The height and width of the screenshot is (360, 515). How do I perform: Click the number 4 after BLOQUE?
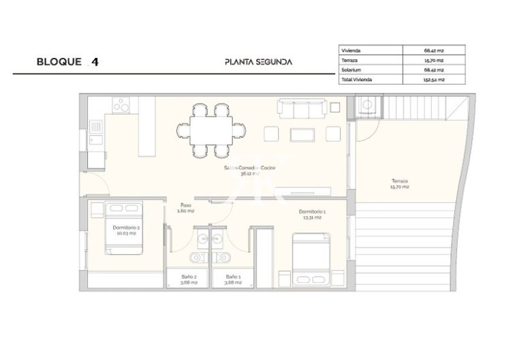[95, 61]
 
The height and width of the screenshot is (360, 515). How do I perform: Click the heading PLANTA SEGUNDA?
[258, 61]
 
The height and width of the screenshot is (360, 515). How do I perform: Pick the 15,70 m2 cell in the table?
[434, 60]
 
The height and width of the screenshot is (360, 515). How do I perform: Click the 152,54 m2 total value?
[434, 80]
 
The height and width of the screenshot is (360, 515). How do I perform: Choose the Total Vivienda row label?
[358, 80]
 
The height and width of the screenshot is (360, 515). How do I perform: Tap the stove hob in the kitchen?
[121, 106]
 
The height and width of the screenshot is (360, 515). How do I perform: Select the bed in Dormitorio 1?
[311, 259]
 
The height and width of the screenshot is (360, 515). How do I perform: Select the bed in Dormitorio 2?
[124, 227]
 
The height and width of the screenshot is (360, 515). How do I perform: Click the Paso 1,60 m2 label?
[186, 208]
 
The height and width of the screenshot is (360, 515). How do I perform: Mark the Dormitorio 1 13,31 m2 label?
[312, 215]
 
